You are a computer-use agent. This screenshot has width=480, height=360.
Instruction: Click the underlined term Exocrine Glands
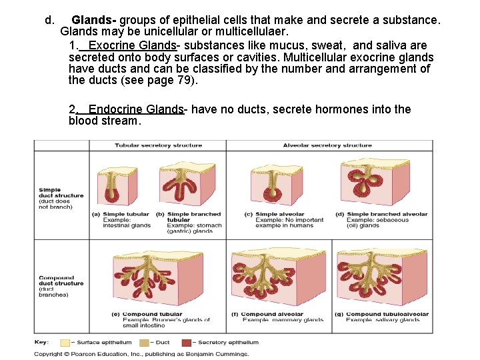132,45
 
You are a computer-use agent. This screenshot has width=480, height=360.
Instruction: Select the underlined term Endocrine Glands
136,109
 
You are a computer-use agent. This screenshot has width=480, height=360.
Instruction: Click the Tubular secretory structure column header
153,145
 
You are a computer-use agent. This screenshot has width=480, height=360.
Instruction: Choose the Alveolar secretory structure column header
327,145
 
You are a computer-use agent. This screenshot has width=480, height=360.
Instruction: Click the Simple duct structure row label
61,193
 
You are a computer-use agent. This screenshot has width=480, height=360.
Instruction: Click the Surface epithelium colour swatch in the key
65,343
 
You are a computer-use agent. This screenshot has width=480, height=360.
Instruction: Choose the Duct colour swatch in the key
144,343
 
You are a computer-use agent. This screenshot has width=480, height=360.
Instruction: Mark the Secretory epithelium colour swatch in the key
191,343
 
